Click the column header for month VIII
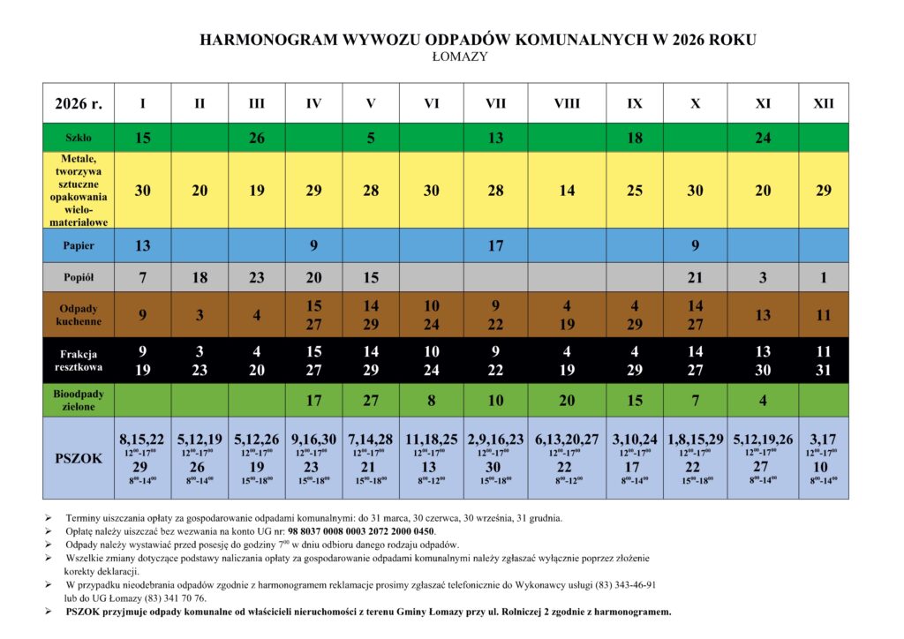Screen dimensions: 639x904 tap(567, 103)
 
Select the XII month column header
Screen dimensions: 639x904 tap(823, 103)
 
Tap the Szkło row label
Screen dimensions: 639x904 tap(79, 138)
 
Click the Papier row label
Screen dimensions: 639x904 tap(79, 246)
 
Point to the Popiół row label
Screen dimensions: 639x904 tap(79, 278)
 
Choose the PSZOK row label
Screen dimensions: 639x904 tap(79, 458)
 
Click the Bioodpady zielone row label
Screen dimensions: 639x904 tap(79, 400)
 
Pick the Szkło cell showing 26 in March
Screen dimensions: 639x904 tap(256, 138)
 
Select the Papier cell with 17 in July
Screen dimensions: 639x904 tap(495, 246)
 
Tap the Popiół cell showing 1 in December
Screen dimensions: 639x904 tap(823, 278)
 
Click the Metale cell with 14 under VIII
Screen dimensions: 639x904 tap(567, 191)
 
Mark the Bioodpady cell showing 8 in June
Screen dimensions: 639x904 tap(431, 400)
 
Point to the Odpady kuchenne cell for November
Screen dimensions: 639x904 tap(763, 315)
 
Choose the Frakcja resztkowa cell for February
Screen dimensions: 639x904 tap(200, 360)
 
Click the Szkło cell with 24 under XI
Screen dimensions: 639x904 tap(763, 138)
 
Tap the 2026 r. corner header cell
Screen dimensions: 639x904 tap(79, 103)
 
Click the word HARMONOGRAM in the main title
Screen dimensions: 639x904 tap(256, 41)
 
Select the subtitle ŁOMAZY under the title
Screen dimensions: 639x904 tap(460, 57)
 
